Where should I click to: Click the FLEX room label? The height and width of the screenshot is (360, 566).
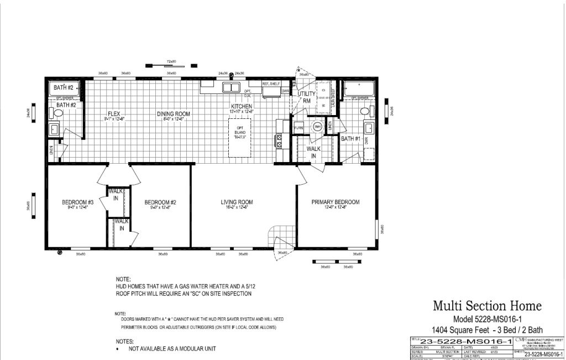point(114,114)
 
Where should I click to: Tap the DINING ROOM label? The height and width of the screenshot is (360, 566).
point(173,114)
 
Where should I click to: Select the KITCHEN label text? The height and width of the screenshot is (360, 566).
point(242,106)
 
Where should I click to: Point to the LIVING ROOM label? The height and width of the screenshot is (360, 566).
point(237,202)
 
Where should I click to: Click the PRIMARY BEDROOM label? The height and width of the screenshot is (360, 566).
point(335,202)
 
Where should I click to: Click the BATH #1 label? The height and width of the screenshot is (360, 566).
point(351,139)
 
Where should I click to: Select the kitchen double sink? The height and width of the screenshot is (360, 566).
point(231,87)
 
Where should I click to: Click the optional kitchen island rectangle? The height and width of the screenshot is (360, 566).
point(240,133)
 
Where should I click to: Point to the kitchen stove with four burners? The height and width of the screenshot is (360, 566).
point(279,141)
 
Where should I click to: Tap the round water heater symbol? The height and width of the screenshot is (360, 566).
point(317,127)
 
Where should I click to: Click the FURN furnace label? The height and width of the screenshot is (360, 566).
point(298,127)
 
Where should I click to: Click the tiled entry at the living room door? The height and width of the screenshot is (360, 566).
point(279,238)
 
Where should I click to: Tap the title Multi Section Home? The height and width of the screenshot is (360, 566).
point(487,306)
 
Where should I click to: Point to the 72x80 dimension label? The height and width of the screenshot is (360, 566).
point(171,61)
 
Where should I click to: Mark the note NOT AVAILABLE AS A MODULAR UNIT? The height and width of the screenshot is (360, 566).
point(172,349)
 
